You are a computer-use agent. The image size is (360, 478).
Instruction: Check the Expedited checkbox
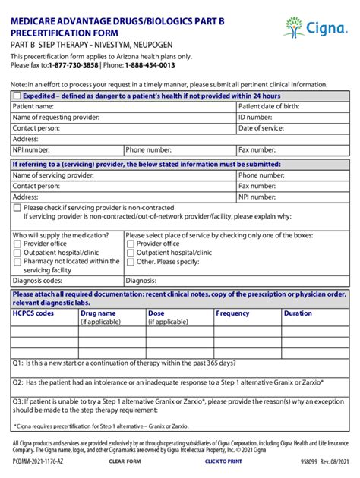(x=17, y=96)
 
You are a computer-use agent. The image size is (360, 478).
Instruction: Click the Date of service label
(x=262, y=128)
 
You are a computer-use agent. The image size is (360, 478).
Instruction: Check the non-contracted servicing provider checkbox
(x=17, y=207)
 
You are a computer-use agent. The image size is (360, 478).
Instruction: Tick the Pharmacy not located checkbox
(x=17, y=262)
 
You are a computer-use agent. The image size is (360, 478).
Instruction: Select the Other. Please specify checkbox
(x=131, y=262)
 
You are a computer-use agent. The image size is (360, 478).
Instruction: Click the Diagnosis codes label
(x=38, y=281)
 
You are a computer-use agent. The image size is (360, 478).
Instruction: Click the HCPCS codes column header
(x=33, y=313)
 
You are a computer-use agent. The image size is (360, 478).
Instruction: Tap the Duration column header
(x=298, y=313)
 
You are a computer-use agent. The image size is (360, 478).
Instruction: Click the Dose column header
(x=156, y=313)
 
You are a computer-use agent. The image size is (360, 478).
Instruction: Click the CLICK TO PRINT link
(x=223, y=461)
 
